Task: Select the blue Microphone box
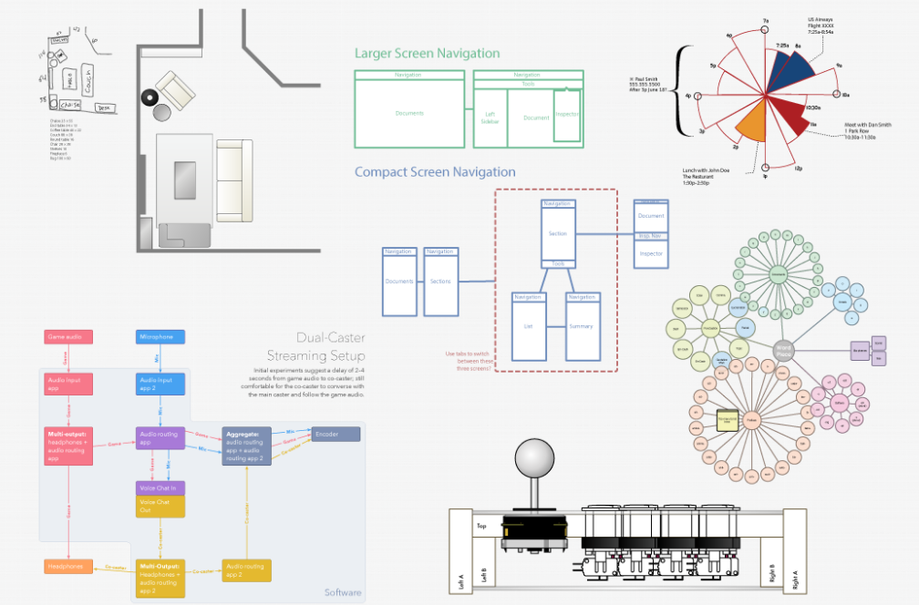(160, 337)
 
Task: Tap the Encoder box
(336, 435)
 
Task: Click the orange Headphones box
(69, 567)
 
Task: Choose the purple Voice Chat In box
(160, 488)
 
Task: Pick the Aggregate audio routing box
(246, 446)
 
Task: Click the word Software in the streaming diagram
(343, 593)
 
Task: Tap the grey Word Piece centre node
(782, 350)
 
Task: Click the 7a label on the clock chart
(767, 20)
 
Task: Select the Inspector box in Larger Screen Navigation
(567, 115)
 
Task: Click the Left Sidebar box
(490, 117)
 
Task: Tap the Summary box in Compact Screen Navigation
(581, 326)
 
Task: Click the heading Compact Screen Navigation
(434, 171)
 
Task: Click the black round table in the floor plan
(149, 97)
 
